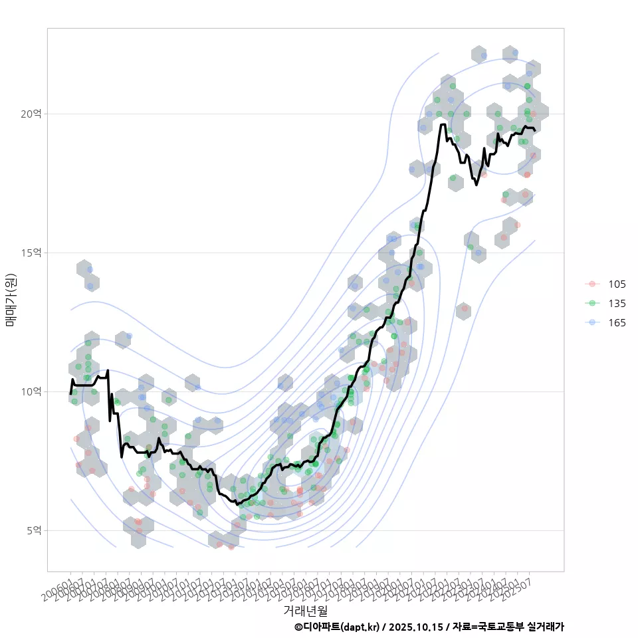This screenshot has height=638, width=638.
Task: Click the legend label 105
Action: (x=617, y=284)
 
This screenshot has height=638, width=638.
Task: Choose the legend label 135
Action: (x=617, y=303)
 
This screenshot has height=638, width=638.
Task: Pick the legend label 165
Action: (x=617, y=322)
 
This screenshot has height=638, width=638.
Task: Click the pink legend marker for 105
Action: (x=591, y=284)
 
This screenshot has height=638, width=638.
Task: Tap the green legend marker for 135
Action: (x=591, y=303)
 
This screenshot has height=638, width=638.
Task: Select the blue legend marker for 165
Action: (x=591, y=322)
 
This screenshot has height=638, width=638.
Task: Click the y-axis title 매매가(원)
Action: (x=11, y=299)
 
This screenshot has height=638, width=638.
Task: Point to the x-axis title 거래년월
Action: (x=306, y=610)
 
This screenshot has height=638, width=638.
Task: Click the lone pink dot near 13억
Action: (x=464, y=308)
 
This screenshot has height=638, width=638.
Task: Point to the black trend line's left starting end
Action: (x=70, y=393)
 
